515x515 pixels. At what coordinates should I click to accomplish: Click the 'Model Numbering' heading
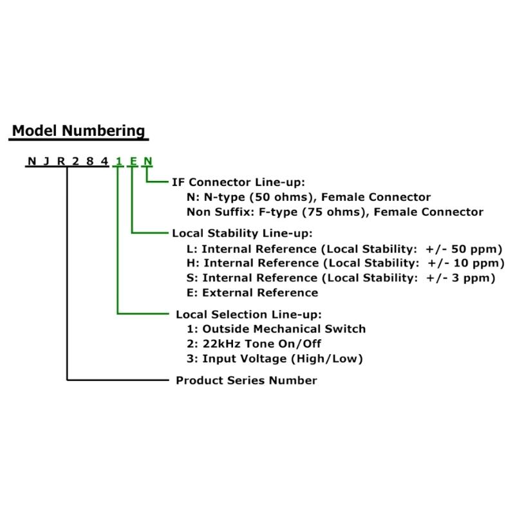click(79, 131)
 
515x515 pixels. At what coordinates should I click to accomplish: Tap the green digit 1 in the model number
click(118, 162)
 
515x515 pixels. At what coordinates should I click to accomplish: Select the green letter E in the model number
click(133, 162)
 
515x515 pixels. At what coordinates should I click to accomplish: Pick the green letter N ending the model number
click(148, 162)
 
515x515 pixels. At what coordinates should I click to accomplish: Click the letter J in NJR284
click(46, 162)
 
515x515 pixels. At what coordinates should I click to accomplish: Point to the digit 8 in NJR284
click(90, 162)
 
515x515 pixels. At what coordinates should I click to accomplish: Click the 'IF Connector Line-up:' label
click(238, 182)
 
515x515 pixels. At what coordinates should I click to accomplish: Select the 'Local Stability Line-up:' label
click(242, 233)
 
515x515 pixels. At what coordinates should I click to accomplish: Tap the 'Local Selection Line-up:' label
click(248, 314)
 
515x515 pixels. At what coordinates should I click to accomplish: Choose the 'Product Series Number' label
click(247, 380)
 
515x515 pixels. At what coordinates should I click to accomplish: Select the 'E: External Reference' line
click(252, 293)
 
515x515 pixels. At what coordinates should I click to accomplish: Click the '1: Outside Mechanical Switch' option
click(276, 329)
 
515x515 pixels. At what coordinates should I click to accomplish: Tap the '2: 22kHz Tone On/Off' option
click(254, 344)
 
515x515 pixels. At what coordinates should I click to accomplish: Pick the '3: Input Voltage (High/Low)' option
click(275, 359)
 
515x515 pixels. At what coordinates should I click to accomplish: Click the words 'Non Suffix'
click(218, 212)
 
